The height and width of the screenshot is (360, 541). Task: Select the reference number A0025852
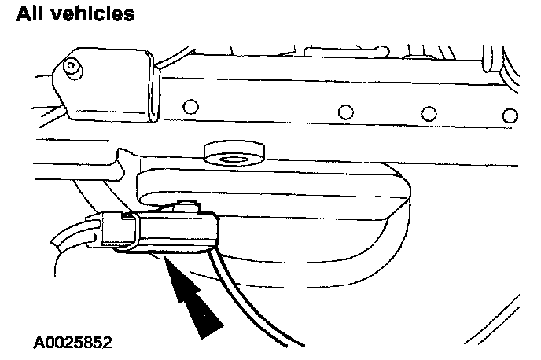(x=72, y=343)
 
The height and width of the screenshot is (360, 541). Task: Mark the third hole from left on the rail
(x=429, y=113)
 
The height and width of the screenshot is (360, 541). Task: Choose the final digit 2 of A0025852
(x=107, y=343)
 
